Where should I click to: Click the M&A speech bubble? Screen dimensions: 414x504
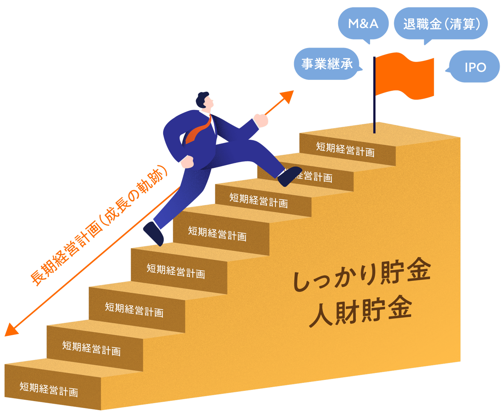pyautogui.click(x=363, y=24)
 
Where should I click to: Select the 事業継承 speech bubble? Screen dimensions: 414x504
pyautogui.click(x=327, y=64)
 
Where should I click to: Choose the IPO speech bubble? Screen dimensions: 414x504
pyautogui.click(x=475, y=67)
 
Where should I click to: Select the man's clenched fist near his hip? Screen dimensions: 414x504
pyautogui.click(x=188, y=161)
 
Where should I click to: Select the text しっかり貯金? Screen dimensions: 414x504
pyautogui.click(x=361, y=275)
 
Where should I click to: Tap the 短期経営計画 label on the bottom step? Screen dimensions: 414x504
pyautogui.click(x=49, y=389)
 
